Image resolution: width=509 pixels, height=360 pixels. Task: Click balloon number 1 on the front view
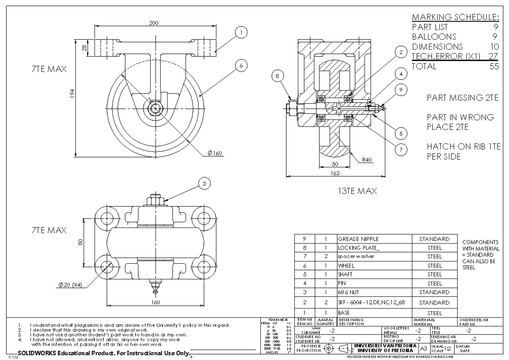point(241,32)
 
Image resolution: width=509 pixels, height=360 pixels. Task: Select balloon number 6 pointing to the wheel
point(241,66)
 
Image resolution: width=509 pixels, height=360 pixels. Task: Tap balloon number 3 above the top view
point(204,183)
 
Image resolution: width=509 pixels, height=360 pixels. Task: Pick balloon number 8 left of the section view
point(277,77)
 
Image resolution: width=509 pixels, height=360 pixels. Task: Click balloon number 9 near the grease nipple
point(401,90)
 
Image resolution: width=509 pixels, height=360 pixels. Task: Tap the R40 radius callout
point(368,161)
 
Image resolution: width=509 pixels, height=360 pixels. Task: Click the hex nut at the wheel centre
point(154,108)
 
